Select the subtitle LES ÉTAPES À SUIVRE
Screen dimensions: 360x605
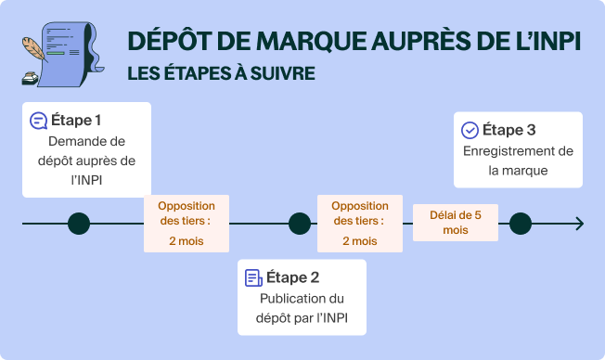click(221, 72)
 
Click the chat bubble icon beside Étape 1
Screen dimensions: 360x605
click(38, 121)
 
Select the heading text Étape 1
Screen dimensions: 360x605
click(76, 121)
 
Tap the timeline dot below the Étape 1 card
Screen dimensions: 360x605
click(79, 224)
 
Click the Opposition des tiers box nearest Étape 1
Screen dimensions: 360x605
click(187, 224)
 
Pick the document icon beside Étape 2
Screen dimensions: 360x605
click(252, 277)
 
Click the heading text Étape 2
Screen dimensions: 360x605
click(292, 277)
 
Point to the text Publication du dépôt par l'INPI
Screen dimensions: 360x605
click(302, 309)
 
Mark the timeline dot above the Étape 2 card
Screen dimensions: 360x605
click(300, 224)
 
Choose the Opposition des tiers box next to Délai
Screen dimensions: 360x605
click(360, 224)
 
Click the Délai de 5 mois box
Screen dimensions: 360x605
click(456, 223)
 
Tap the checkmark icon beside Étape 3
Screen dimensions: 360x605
click(470, 131)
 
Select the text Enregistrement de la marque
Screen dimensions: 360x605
click(518, 161)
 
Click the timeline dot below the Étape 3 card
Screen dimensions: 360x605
click(521, 224)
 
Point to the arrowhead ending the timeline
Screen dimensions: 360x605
click(579, 224)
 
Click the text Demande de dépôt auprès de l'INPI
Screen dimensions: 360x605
click(85, 161)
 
